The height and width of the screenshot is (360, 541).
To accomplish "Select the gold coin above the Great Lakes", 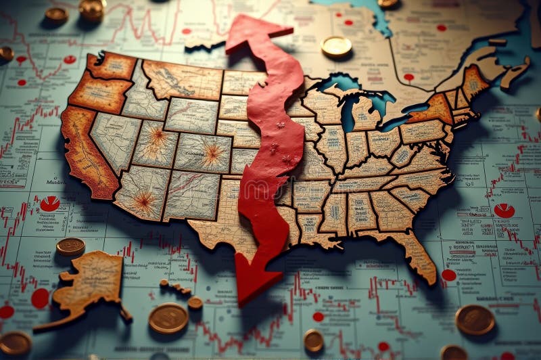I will tap(336, 46).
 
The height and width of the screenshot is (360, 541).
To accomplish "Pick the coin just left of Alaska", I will tap(70, 246).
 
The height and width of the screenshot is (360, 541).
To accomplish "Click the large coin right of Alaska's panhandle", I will tap(168, 318).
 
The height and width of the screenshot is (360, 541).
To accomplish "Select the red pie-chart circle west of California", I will tap(49, 203).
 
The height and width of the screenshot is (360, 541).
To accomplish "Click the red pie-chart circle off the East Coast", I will tap(504, 210).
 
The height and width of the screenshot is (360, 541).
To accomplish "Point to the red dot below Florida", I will tap(448, 275).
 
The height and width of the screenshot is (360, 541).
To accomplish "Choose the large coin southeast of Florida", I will tap(475, 319).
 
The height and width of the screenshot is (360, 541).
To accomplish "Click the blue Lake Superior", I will tap(342, 84).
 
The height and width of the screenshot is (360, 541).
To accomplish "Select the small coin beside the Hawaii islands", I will tap(195, 302).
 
